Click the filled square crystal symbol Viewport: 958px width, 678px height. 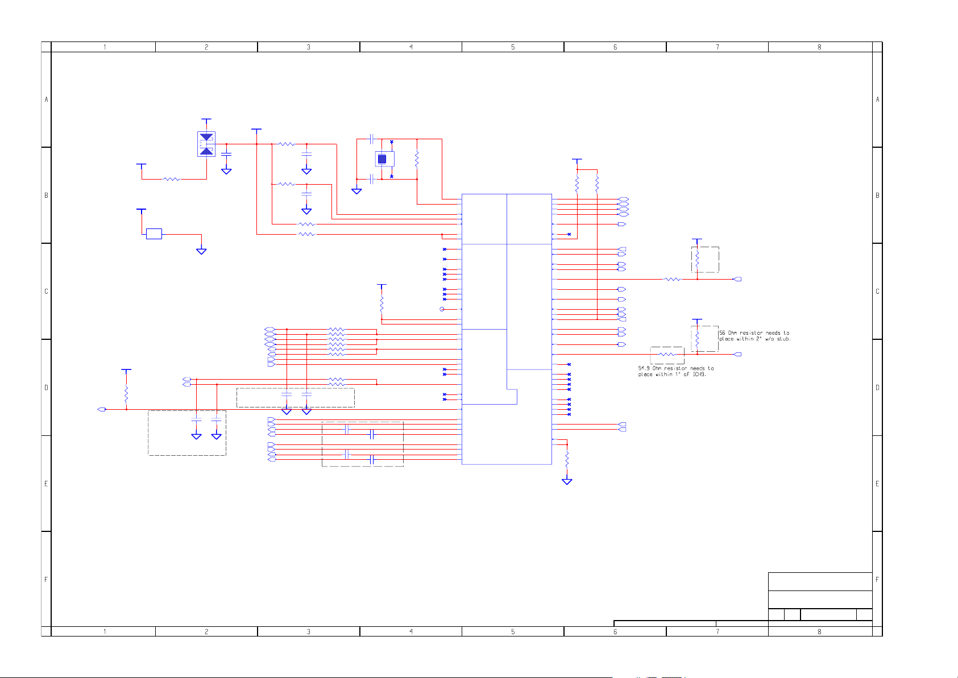(382, 159)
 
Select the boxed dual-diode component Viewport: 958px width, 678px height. (206, 144)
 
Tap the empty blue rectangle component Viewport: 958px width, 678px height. (154, 234)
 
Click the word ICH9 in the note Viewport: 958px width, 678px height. (699, 375)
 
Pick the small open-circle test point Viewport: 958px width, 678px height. (442, 309)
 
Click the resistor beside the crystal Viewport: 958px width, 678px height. (417, 159)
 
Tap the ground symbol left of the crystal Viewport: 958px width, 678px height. (356, 191)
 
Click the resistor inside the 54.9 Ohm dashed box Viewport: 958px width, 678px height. (667, 354)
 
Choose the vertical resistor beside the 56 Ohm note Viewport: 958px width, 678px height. (697, 339)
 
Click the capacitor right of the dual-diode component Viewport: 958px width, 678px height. (226, 154)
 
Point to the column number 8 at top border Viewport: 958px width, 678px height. (819, 47)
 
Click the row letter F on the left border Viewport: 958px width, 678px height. (46, 580)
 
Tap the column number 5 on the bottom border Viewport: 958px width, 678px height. (513, 631)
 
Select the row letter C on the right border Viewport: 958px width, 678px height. (877, 292)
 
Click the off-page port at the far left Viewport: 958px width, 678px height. (102, 409)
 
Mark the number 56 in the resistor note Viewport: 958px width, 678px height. (722, 333)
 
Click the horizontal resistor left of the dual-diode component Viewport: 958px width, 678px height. (171, 179)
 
